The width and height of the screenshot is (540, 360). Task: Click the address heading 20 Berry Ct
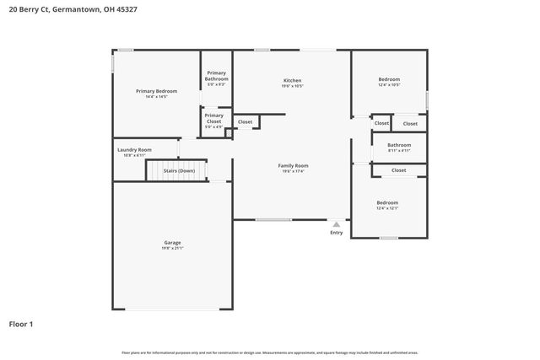[72, 8]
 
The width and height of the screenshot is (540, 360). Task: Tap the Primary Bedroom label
[156, 90]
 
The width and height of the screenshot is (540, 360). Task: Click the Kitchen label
[292, 80]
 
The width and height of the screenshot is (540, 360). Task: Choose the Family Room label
[293, 165]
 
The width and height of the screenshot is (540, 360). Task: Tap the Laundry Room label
[134, 149]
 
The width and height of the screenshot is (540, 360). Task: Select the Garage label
[172, 243]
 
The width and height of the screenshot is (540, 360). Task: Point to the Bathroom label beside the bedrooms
[399, 145]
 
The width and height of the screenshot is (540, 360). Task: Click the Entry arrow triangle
[337, 224]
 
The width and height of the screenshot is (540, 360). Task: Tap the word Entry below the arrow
[337, 233]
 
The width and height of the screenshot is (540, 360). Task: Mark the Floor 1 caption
[21, 323]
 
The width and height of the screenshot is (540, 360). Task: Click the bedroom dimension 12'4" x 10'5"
[388, 84]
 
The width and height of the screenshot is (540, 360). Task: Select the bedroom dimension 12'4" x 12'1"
[387, 208]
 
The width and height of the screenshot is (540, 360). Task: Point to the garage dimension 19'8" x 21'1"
[172, 249]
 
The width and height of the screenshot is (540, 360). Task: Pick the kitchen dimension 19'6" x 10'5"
[292, 86]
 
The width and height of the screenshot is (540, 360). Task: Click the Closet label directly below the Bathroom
[399, 170]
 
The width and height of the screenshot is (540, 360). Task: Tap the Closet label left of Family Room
[245, 122]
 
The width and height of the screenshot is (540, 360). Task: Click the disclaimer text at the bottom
[269, 352]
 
